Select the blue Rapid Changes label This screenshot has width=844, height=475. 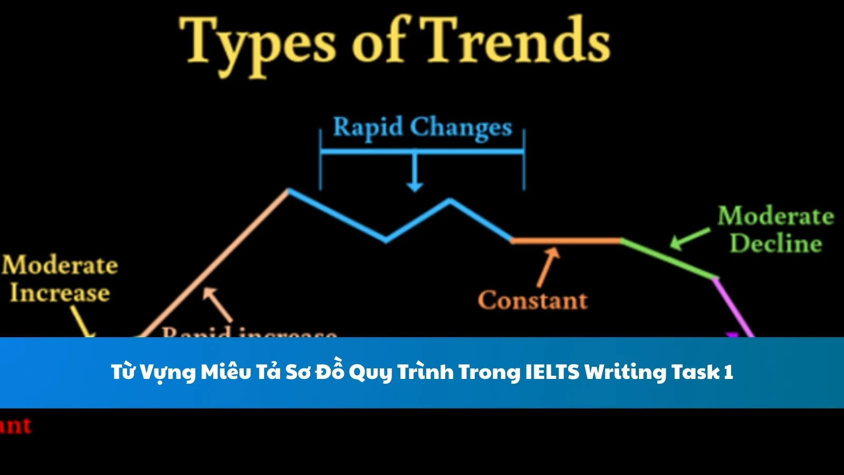pyautogui.click(x=423, y=128)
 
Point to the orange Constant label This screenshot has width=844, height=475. pyautogui.click(x=532, y=300)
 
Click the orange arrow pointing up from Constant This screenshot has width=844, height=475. pyautogui.click(x=548, y=267)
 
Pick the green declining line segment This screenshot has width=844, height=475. pyautogui.click(x=667, y=258)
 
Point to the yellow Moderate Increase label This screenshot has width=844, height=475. pyautogui.click(x=59, y=279)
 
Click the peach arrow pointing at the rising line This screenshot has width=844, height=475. pyautogui.click(x=217, y=304)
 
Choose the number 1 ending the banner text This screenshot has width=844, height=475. pyautogui.click(x=728, y=372)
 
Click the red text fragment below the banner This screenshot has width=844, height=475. pyautogui.click(x=16, y=425)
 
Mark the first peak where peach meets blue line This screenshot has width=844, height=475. pyautogui.click(x=288, y=190)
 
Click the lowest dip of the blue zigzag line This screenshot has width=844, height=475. pyautogui.click(x=386, y=241)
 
